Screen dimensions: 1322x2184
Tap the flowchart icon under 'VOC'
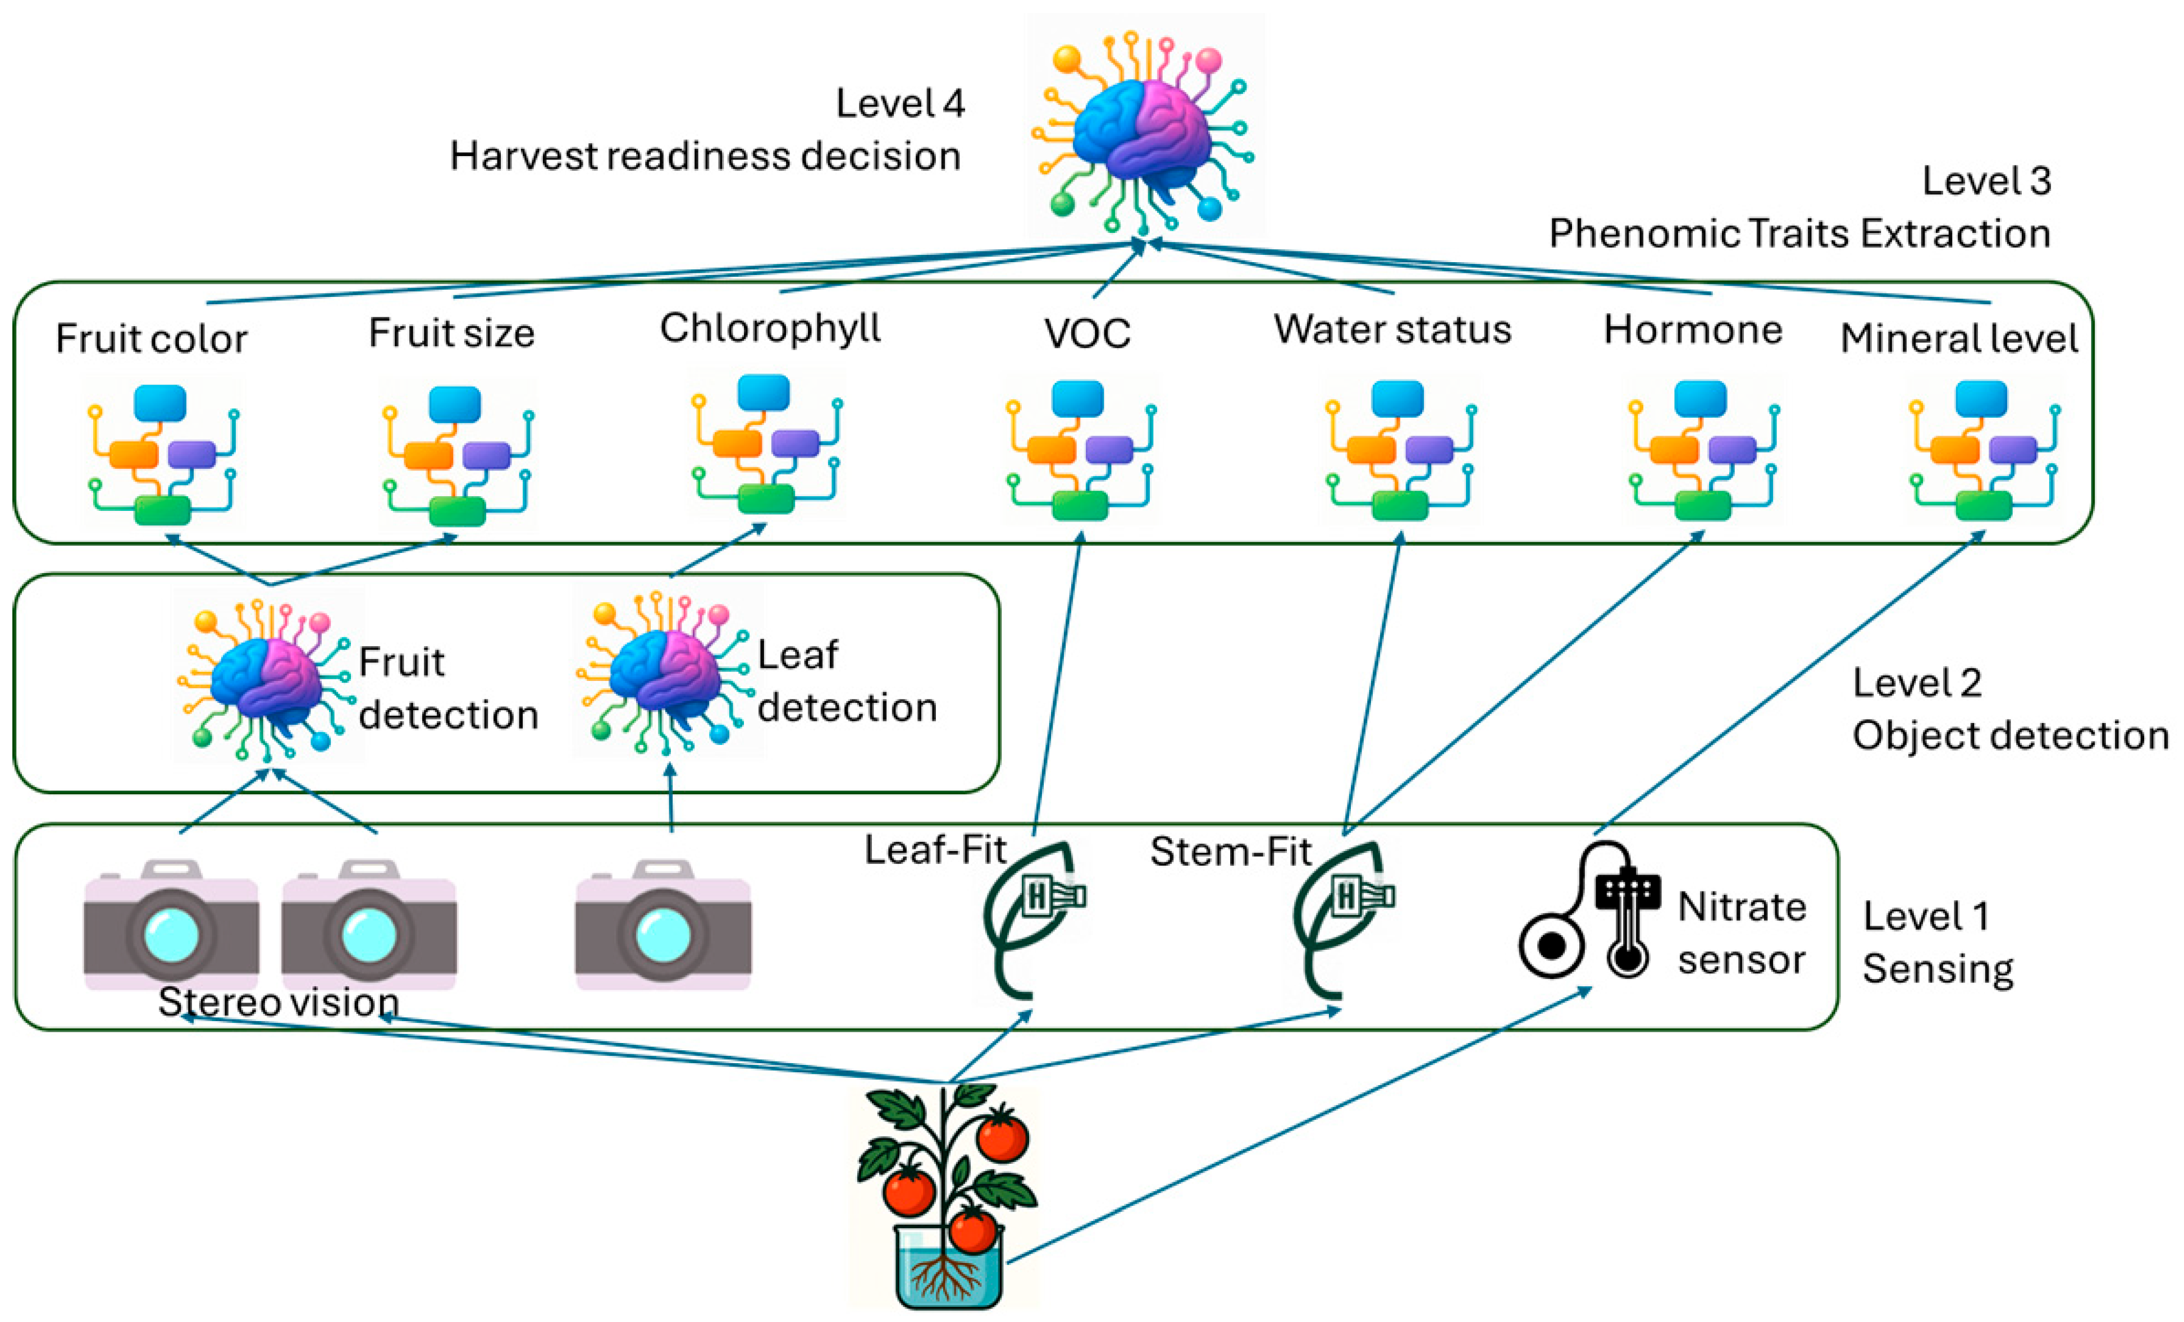click(x=1080, y=450)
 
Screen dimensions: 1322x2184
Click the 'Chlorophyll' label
click(x=769, y=328)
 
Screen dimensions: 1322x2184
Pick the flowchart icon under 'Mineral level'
click(x=1984, y=450)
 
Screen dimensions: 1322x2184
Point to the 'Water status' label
click(x=1392, y=330)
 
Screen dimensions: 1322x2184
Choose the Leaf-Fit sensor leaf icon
click(x=1032, y=917)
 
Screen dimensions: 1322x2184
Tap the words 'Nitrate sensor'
click(x=1741, y=933)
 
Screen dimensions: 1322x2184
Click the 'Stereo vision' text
click(x=278, y=1002)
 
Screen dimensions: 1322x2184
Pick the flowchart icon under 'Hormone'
click(x=1702, y=450)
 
